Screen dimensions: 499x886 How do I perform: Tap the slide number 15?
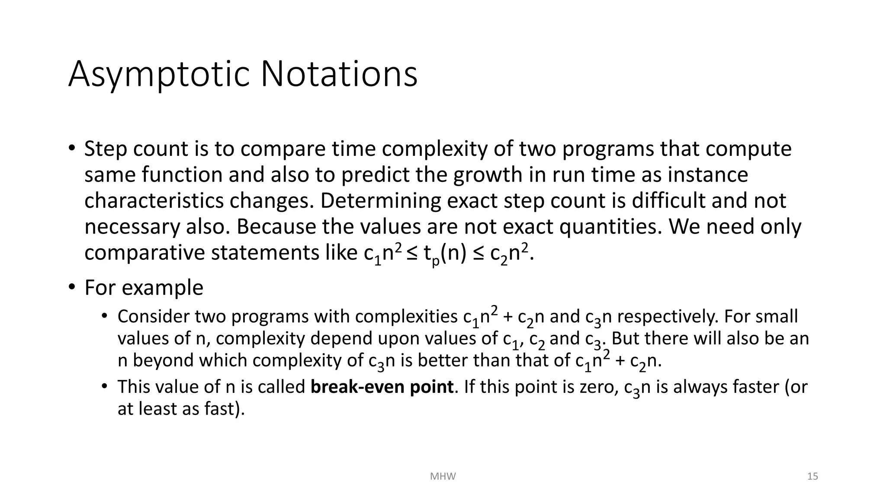(812, 476)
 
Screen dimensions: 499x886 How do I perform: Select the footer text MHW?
(443, 476)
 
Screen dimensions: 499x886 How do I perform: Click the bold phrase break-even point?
(382, 387)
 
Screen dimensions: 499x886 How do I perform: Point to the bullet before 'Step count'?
(72, 148)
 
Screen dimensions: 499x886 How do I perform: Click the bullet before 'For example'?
(72, 288)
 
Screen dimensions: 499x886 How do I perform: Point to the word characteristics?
(154, 201)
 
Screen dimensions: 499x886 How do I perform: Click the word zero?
(599, 387)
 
